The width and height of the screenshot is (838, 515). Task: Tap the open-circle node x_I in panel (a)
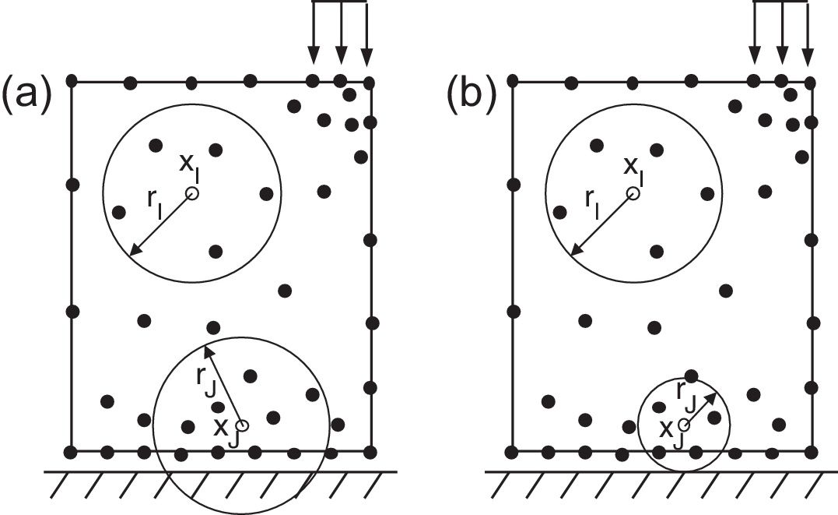(x=192, y=193)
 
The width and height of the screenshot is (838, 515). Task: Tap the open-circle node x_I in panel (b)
(x=633, y=193)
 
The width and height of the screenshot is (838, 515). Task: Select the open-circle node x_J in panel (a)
(x=242, y=425)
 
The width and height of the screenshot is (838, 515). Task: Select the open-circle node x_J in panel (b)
(x=684, y=425)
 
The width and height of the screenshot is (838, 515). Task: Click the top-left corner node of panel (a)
(x=72, y=80)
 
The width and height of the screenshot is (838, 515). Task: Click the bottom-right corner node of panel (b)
(x=812, y=452)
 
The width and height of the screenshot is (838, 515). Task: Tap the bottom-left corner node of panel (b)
(x=512, y=452)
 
